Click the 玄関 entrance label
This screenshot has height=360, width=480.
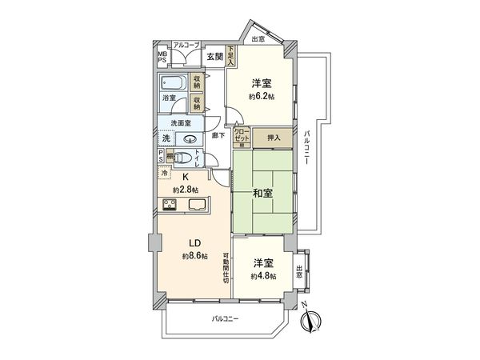(x=214, y=56)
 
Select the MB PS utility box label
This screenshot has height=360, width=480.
(x=162, y=58)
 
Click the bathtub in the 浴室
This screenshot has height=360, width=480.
(x=173, y=83)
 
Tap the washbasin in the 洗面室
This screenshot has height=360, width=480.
(x=190, y=138)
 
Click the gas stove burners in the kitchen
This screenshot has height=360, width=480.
(x=170, y=205)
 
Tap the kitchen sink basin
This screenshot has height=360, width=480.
(x=197, y=205)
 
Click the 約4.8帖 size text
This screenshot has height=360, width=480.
(x=263, y=276)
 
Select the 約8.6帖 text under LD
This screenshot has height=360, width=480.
(x=194, y=256)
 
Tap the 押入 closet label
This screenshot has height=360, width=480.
(x=274, y=138)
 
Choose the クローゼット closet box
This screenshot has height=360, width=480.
(x=242, y=138)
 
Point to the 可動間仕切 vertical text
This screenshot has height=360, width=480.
(x=226, y=269)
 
